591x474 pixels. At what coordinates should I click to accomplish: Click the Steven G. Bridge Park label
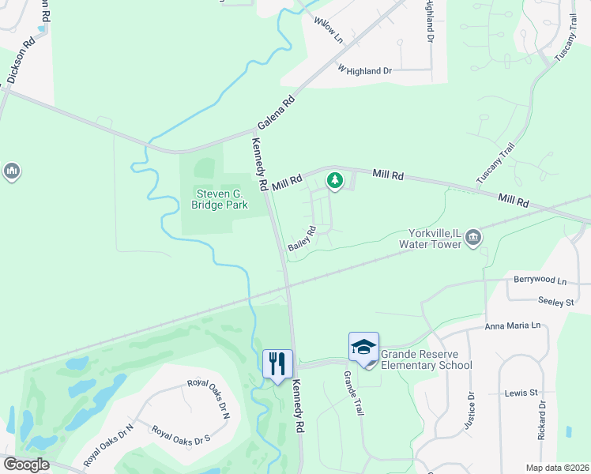(219, 199)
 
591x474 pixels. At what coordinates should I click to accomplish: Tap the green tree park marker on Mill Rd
(335, 181)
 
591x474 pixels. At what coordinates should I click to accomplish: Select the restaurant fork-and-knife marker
(277, 364)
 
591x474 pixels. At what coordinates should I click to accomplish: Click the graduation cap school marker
(363, 347)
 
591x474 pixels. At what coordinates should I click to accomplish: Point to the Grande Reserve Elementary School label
(427, 359)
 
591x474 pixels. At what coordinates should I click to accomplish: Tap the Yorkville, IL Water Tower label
(435, 239)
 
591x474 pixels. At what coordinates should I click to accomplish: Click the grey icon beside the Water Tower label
(473, 237)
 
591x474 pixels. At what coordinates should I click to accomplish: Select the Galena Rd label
(277, 113)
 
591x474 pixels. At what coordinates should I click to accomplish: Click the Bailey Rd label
(302, 238)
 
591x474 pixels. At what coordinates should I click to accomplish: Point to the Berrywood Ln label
(540, 280)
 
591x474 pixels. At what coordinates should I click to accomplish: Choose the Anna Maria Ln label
(512, 325)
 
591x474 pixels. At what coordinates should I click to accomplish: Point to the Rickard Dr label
(542, 419)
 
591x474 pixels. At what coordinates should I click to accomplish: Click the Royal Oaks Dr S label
(181, 434)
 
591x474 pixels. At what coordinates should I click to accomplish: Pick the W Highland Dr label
(365, 70)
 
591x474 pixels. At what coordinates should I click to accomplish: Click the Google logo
(26, 465)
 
